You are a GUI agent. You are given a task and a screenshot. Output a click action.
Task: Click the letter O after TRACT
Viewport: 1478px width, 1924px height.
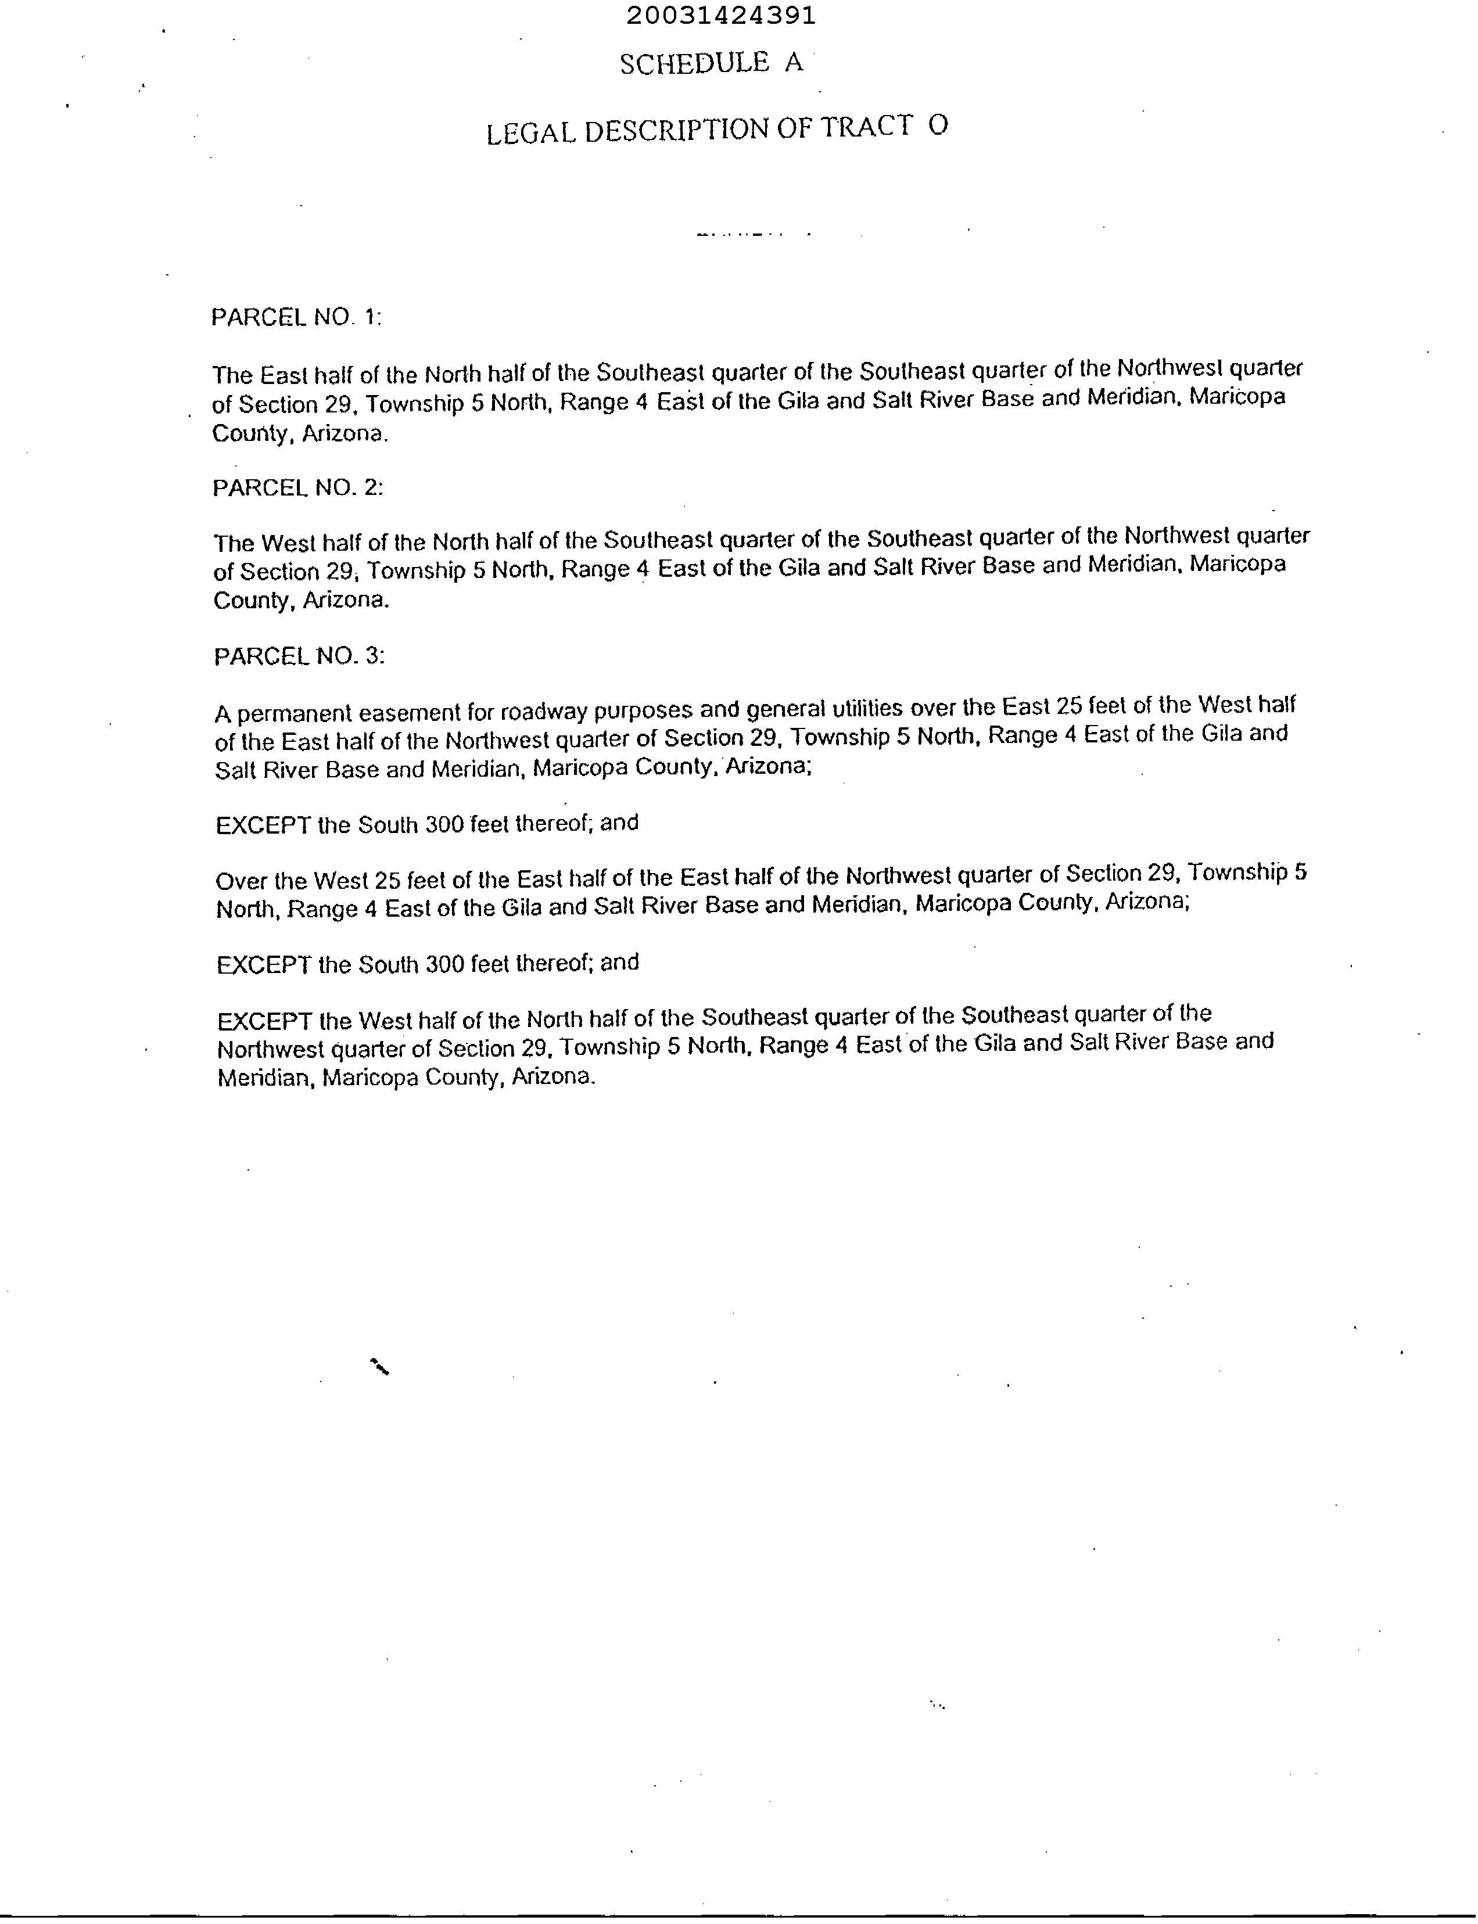(x=938, y=126)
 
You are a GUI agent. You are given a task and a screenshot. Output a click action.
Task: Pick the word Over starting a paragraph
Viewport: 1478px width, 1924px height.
(x=241, y=881)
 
